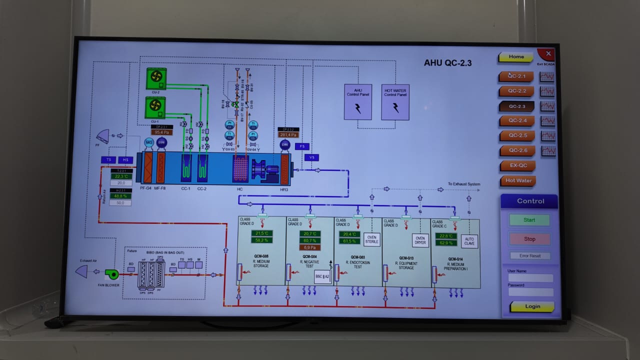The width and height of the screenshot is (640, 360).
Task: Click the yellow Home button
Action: pyautogui.click(x=516, y=57)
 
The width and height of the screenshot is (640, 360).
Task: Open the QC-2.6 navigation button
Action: pyautogui.click(x=517, y=150)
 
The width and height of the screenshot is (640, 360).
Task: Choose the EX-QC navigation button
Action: pyautogui.click(x=517, y=165)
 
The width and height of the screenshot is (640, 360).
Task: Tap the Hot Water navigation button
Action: pyautogui.click(x=518, y=180)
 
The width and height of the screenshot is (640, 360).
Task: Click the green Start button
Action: pyautogui.click(x=529, y=220)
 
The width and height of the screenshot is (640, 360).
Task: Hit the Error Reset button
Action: pyautogui.click(x=530, y=256)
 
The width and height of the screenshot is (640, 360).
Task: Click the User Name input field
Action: pyautogui.click(x=530, y=278)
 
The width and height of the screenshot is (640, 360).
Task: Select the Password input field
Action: pyautogui.click(x=530, y=292)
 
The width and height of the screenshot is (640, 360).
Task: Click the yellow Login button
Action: pyautogui.click(x=532, y=306)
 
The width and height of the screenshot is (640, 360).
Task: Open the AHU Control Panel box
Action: pyautogui.click(x=358, y=102)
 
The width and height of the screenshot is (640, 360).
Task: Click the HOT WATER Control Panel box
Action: pyautogui.click(x=395, y=102)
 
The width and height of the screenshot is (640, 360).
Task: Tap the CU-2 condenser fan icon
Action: pyautogui.click(x=156, y=77)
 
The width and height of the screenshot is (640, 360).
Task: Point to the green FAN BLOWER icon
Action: pyautogui.click(x=111, y=273)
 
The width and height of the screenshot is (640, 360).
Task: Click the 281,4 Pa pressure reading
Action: pyautogui.click(x=288, y=134)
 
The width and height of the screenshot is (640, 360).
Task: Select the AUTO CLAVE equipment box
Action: pyautogui.click(x=469, y=241)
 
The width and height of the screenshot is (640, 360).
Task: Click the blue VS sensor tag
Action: pyautogui.click(x=311, y=157)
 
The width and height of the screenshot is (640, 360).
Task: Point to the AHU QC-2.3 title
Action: pyautogui.click(x=447, y=63)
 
